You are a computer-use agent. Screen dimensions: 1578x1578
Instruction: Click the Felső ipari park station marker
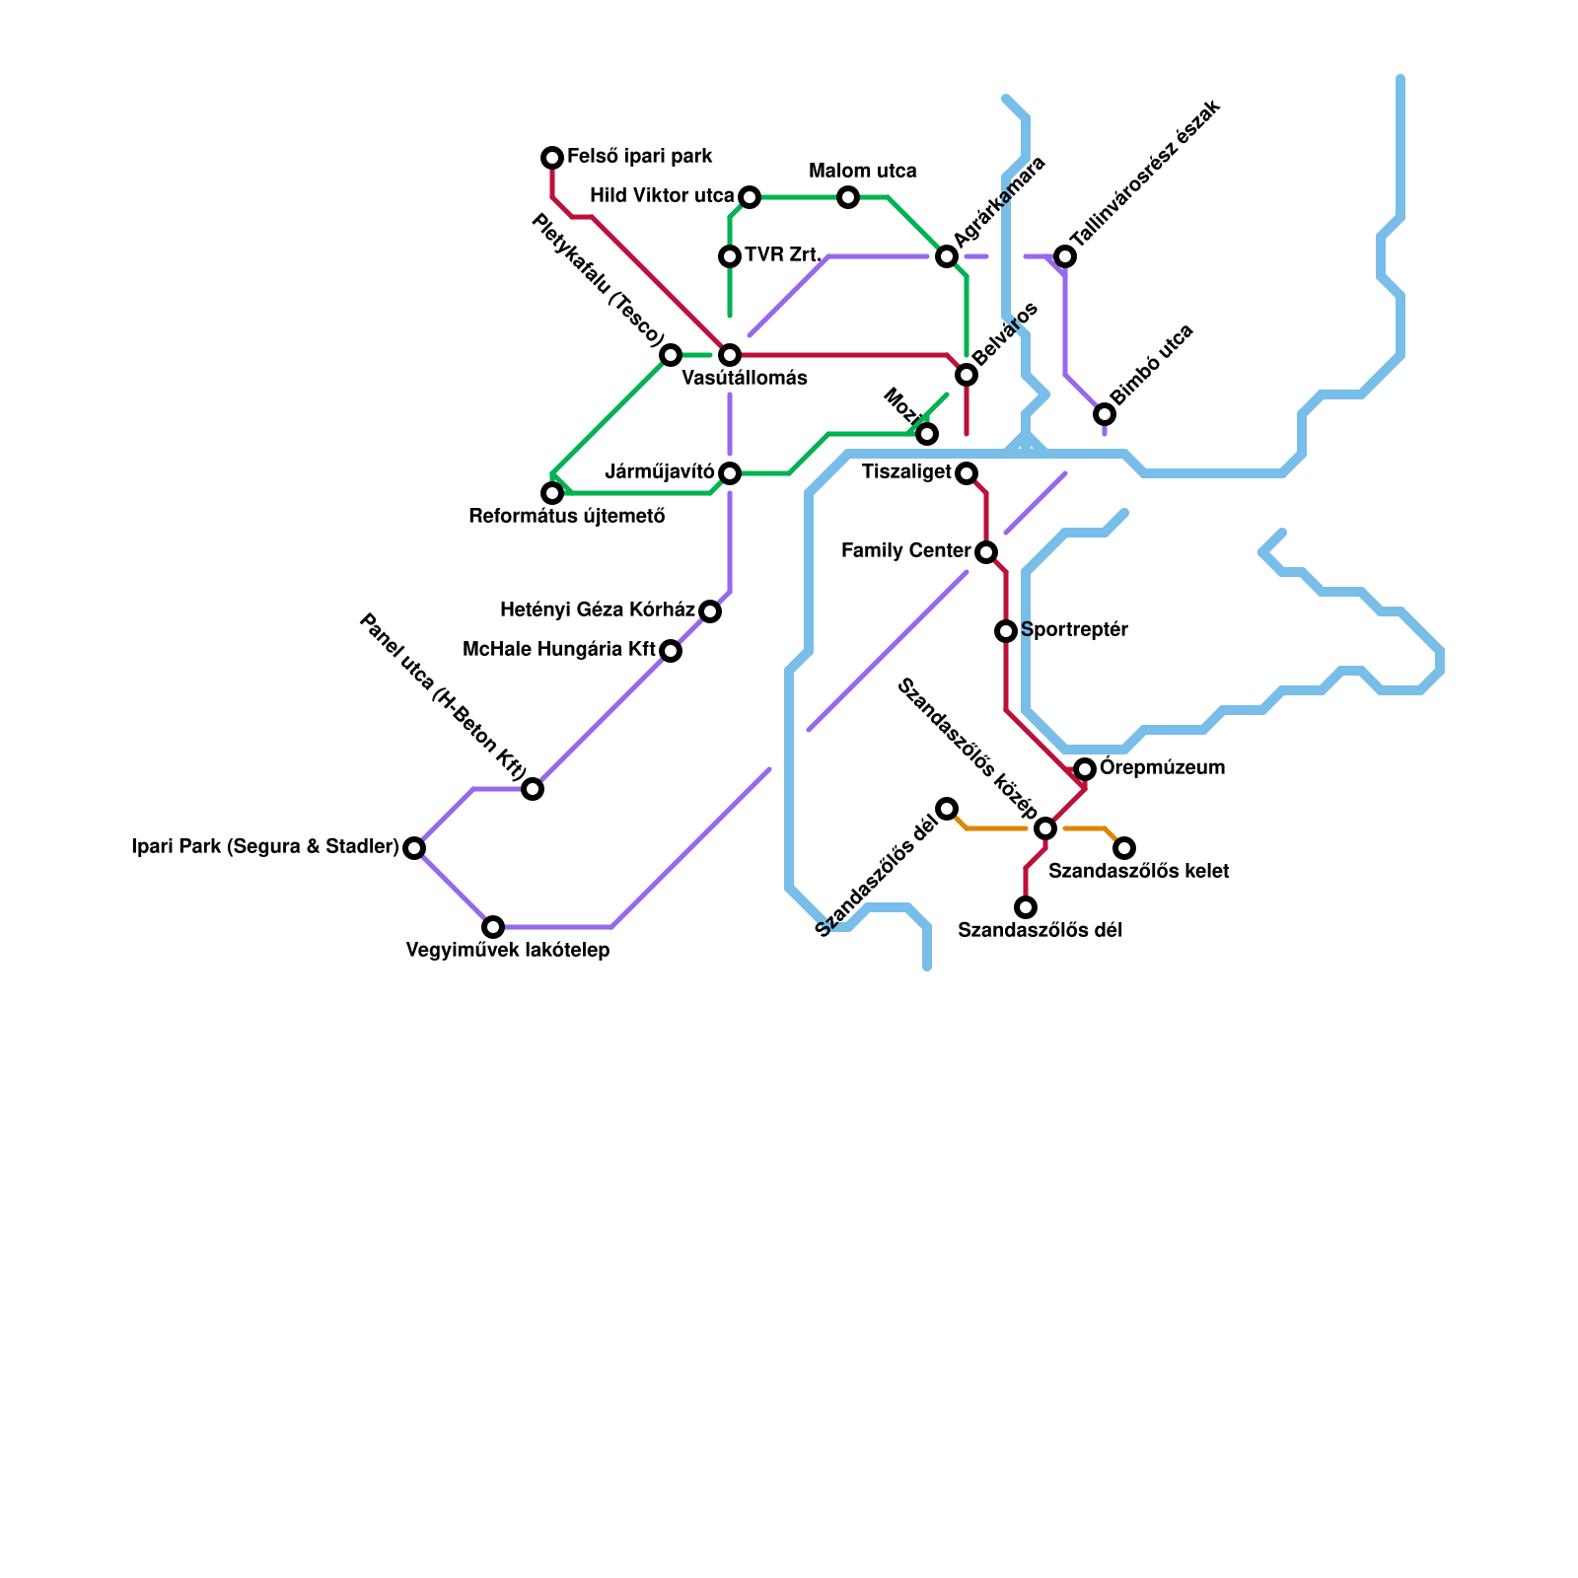[552, 158]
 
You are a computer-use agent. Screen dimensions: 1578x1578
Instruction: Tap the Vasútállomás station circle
[730, 355]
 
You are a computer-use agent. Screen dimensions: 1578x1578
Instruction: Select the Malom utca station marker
[848, 197]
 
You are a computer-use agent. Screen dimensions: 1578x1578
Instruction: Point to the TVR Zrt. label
[783, 255]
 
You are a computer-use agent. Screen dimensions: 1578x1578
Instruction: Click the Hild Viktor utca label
[662, 196]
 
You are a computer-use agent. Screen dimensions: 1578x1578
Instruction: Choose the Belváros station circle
[967, 375]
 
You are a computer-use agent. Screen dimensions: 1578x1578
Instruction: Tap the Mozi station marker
[927, 434]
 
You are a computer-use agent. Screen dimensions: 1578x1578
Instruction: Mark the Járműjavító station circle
[730, 473]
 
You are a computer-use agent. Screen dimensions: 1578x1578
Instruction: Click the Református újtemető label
[566, 516]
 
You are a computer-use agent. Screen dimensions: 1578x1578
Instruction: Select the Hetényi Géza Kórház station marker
[710, 611]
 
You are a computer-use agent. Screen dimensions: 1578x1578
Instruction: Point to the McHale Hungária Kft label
[559, 650]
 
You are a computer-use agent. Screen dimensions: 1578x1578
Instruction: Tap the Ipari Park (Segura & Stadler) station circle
[414, 848]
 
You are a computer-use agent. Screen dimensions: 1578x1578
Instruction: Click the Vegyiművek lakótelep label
[507, 951]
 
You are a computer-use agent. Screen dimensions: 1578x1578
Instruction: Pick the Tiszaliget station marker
[967, 473]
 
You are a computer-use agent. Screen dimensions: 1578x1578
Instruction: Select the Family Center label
[906, 551]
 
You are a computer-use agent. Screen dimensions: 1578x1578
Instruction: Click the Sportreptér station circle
[1006, 631]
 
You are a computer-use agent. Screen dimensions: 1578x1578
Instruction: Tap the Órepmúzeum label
[1162, 767]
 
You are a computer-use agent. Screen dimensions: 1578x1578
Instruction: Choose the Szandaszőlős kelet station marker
[1124, 848]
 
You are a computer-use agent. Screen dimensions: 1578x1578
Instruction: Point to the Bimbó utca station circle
[1105, 414]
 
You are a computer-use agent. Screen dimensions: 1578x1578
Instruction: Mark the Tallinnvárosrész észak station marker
[1065, 256]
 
